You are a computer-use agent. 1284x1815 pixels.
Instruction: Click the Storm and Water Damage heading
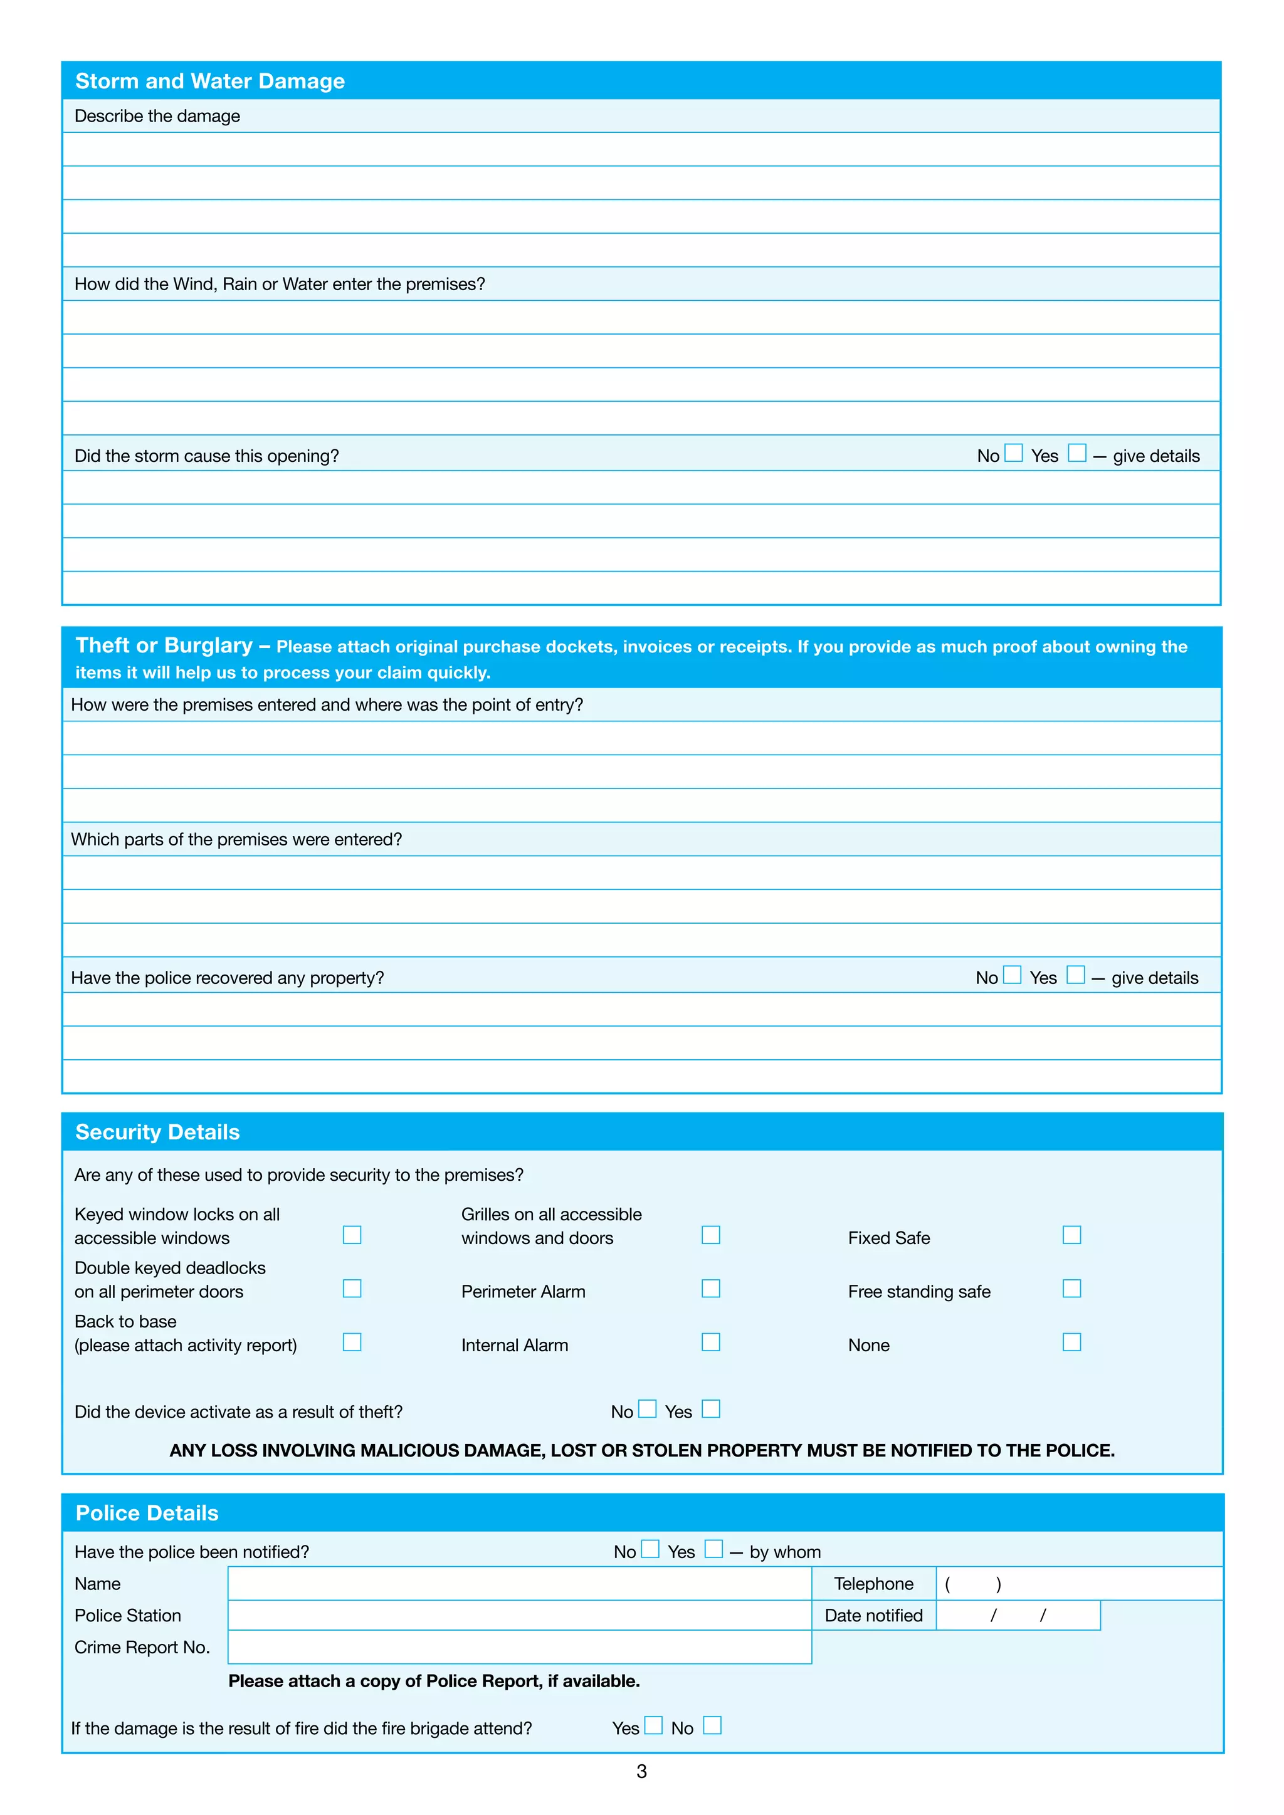coord(209,81)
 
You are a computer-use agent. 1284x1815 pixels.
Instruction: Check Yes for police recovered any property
coord(1075,975)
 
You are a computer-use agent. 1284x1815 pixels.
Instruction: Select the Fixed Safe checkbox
coord(1071,1235)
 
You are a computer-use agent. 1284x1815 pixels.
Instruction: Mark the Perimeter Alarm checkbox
coord(711,1289)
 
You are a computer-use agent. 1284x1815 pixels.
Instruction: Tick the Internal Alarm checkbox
coord(711,1342)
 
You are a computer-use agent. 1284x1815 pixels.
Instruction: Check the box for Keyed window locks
coord(352,1235)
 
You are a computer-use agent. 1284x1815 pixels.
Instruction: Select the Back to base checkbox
coord(352,1342)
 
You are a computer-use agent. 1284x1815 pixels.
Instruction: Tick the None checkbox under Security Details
coord(1071,1342)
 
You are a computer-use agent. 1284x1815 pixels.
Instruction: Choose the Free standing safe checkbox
coord(1071,1289)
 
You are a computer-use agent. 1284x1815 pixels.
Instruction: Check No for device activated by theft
coord(647,1409)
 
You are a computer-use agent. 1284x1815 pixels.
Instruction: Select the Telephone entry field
coord(1078,1583)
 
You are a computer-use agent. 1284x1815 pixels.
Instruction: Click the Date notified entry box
coord(1018,1616)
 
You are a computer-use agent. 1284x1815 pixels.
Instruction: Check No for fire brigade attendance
coord(712,1725)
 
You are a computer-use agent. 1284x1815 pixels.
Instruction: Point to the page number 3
coord(641,1772)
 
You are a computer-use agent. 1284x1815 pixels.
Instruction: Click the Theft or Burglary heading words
coord(164,646)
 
